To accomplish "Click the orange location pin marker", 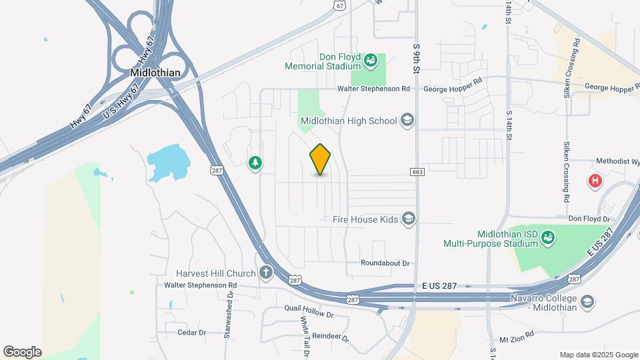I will [321, 159].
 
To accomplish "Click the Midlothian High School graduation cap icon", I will [407, 121].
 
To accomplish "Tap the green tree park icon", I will [254, 163].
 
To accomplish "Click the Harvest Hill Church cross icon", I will [266, 273].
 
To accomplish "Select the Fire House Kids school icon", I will [408, 219].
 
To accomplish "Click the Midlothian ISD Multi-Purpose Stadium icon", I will [547, 238].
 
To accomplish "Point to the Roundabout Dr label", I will [385, 263].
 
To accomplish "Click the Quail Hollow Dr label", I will [308, 310].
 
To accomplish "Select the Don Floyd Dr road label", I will [589, 219].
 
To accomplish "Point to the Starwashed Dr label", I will [229, 313].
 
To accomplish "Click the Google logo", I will [22, 351].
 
